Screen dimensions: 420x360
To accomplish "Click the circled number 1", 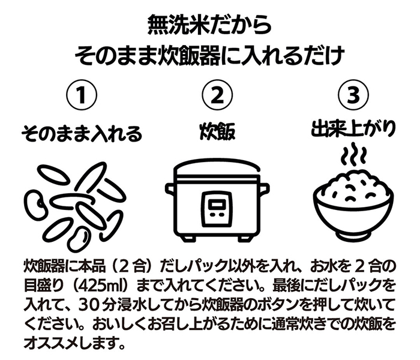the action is click(x=82, y=95).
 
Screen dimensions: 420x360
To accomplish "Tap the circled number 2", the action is click(x=217, y=95).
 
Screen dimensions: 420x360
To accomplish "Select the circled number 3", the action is click(x=353, y=95).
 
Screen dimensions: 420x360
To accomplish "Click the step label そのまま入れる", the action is click(x=82, y=133).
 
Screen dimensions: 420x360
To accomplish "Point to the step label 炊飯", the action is click(x=217, y=132).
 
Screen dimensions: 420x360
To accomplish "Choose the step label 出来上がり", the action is click(x=353, y=130).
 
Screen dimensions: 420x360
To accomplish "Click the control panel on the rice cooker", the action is click(x=217, y=208).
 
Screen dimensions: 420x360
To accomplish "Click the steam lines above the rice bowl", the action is click(x=353, y=154).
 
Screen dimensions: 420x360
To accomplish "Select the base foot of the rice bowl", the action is click(x=353, y=236).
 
